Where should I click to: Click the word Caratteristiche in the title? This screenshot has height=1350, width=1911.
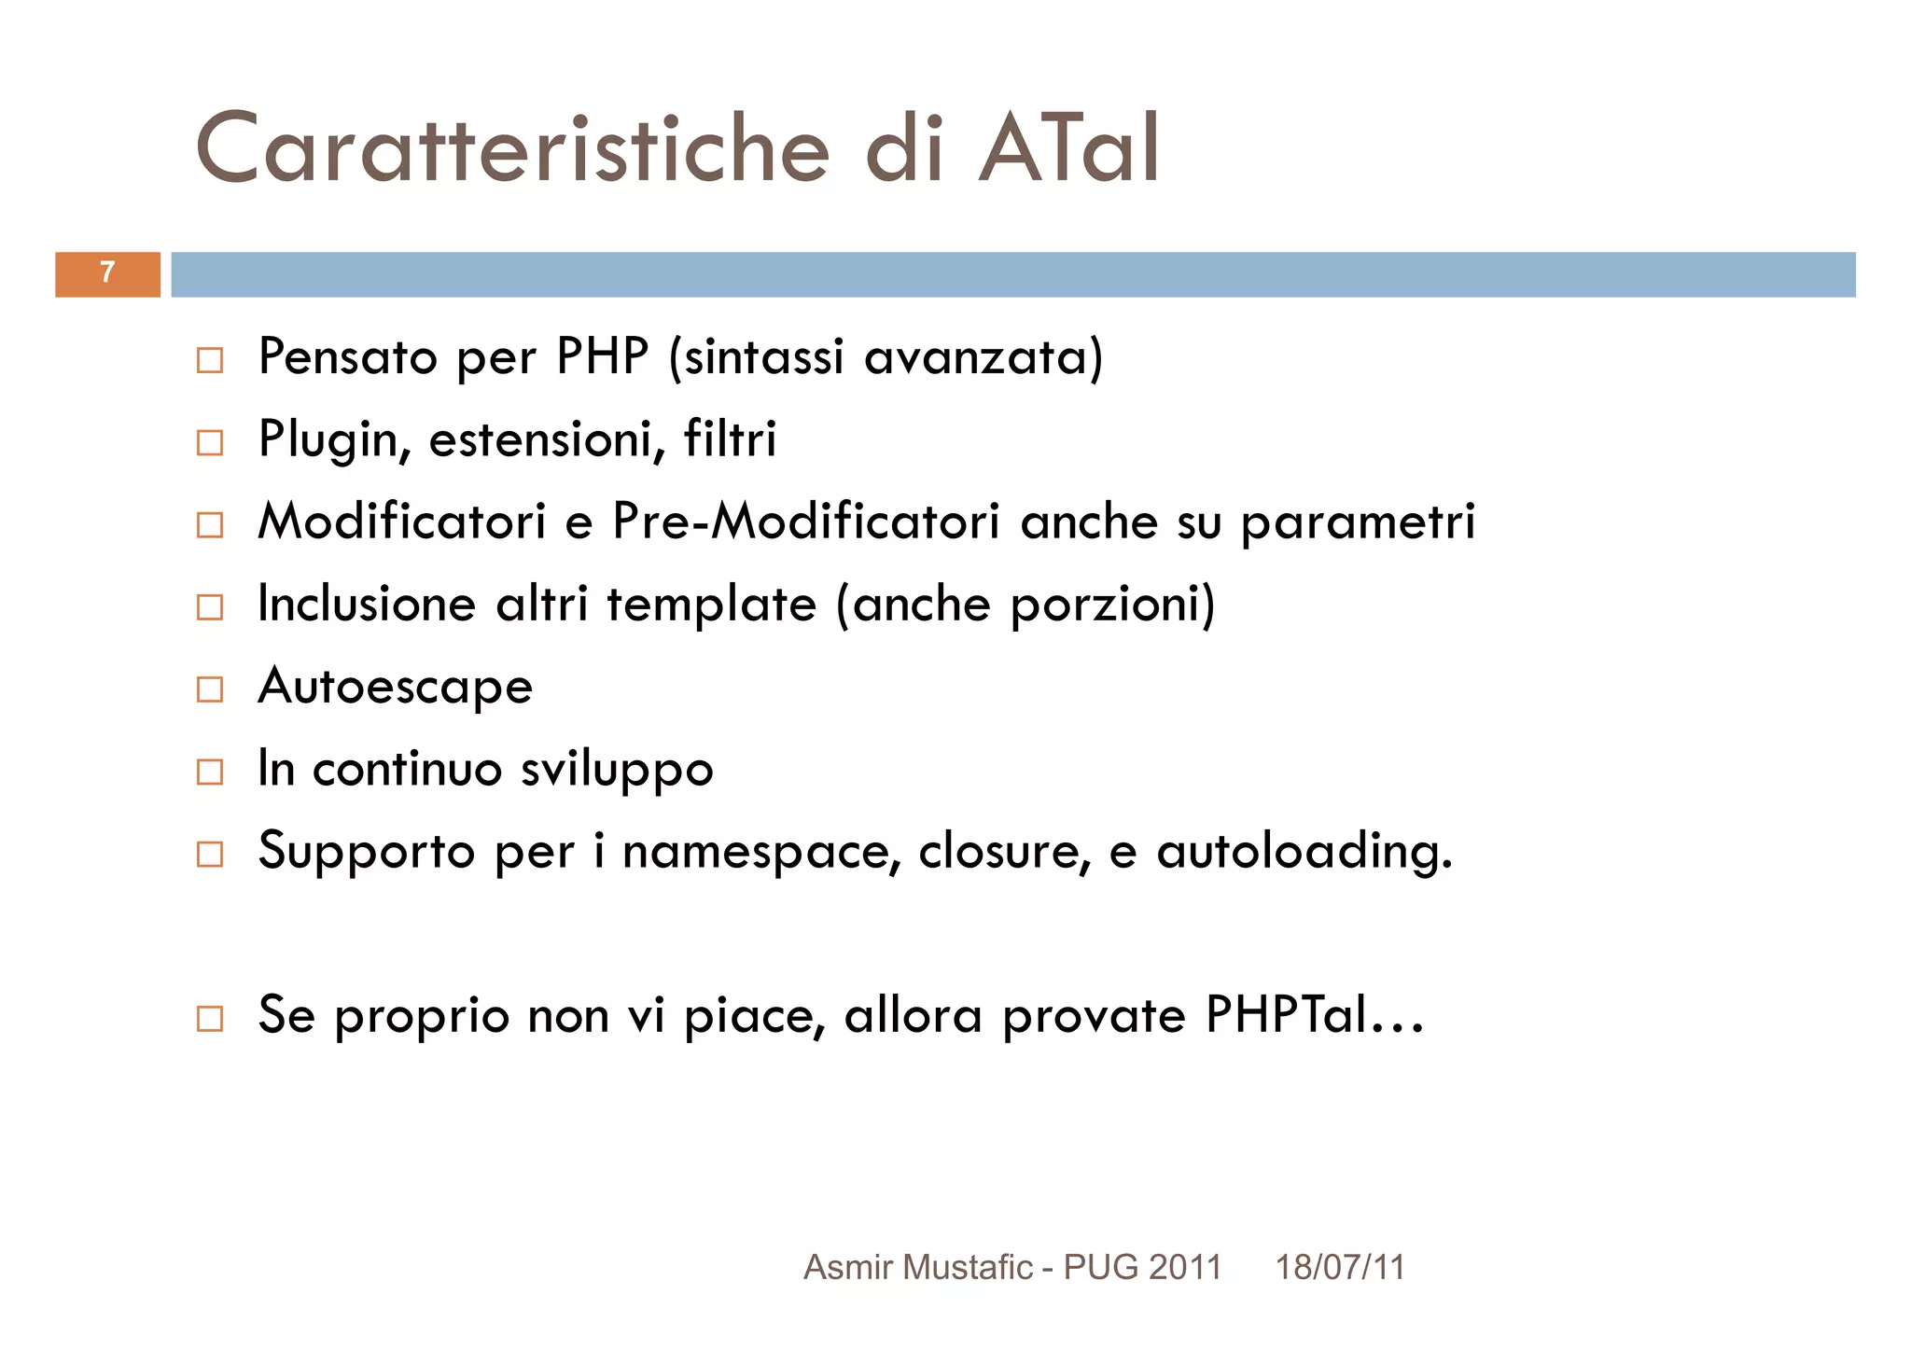coord(511,149)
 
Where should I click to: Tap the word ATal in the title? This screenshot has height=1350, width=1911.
coord(1068,149)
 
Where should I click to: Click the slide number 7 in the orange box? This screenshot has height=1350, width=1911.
coord(107,272)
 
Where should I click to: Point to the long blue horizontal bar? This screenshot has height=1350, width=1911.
coord(1012,274)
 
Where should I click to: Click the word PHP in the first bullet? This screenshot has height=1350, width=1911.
coord(602,357)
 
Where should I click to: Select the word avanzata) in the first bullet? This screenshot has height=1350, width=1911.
coord(983,357)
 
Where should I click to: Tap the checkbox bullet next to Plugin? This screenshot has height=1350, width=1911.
coord(210,442)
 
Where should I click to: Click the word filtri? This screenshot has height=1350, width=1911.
coord(730,438)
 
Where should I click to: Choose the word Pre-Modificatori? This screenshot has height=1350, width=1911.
coord(805,521)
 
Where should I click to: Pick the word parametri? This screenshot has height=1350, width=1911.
coord(1358,522)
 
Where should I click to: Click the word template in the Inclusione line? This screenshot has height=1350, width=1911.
coord(712,605)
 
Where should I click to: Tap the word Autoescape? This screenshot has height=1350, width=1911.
coord(396,687)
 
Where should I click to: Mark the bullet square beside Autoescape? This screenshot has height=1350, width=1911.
coord(210,689)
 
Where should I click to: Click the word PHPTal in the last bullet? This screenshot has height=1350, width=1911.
coord(1286,1015)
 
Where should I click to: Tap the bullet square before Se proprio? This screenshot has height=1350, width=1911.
coord(210,1018)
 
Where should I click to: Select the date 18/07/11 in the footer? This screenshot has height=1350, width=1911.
coord(1339,1267)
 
